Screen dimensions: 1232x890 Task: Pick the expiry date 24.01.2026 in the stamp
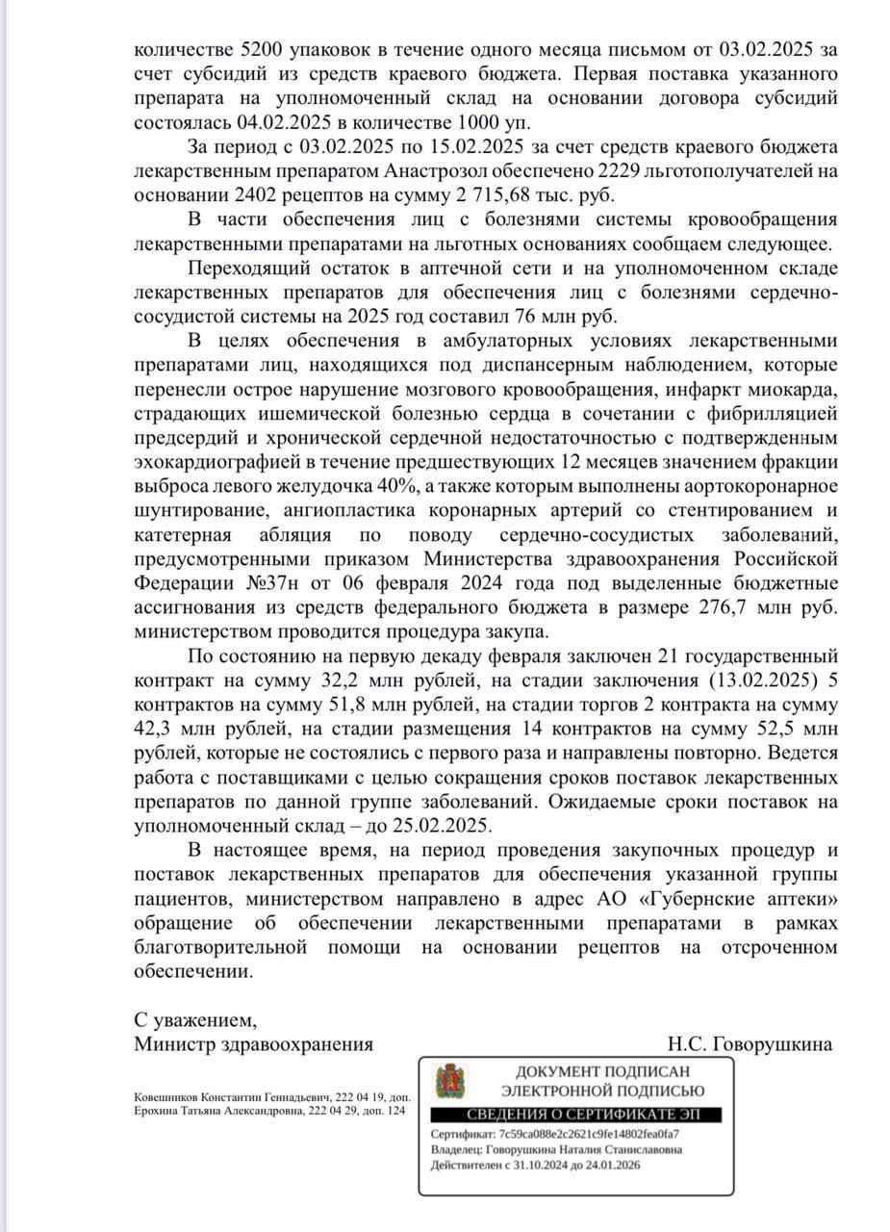[x=608, y=1165]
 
